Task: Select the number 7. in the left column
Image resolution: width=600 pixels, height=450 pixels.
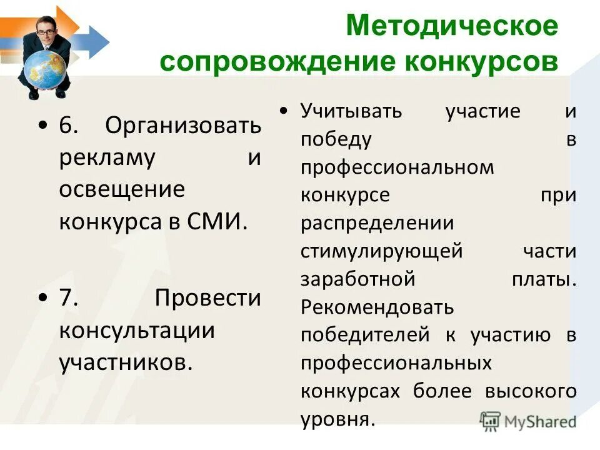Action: tap(68, 297)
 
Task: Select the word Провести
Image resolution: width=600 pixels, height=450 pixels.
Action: tap(207, 297)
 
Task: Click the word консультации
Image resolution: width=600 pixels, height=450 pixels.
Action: tap(137, 330)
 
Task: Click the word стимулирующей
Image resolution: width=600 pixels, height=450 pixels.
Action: tap(381, 251)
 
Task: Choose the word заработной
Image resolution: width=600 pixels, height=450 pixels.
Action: tap(357, 279)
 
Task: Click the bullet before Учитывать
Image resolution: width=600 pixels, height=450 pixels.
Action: tap(284, 111)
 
